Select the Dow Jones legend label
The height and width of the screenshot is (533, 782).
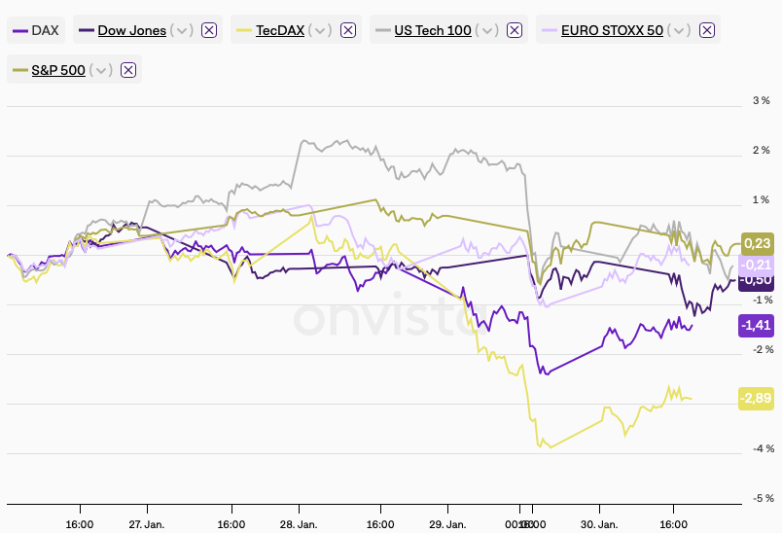(x=130, y=30)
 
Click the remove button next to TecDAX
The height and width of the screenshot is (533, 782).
(x=347, y=30)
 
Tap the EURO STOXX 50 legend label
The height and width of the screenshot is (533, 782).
(x=613, y=30)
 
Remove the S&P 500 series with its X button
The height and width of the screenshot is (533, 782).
(x=127, y=70)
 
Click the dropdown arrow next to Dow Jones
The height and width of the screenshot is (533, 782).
(x=182, y=30)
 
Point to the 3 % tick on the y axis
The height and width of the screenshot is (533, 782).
(x=761, y=101)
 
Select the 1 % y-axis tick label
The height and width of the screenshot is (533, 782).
(x=761, y=200)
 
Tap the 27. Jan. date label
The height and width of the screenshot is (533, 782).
(x=147, y=523)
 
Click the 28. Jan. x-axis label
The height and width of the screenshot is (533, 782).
(x=299, y=523)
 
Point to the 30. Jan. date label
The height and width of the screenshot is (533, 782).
(x=599, y=523)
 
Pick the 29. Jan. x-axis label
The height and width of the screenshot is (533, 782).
(x=448, y=523)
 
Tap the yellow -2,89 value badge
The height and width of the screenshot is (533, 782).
(x=756, y=398)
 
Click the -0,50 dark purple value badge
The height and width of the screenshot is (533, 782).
(x=756, y=281)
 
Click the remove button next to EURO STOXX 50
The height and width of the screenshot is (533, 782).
(x=707, y=30)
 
